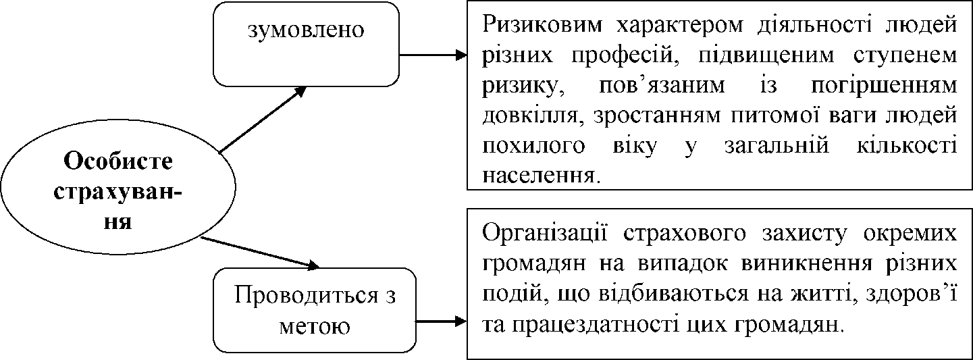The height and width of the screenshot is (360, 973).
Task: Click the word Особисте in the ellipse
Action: (117, 161)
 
